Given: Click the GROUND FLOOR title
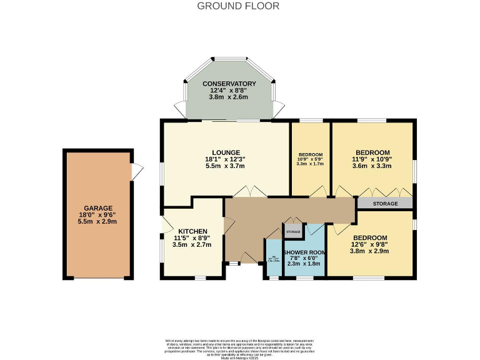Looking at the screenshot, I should point(238,6).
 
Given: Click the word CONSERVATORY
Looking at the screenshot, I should point(229,84).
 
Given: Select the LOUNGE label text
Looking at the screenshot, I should point(226,152).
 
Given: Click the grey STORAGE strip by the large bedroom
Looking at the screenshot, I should point(384,203).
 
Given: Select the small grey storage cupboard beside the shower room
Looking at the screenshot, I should point(293,232).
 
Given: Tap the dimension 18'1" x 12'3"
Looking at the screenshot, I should point(226,159).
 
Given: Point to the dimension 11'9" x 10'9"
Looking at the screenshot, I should point(372,159).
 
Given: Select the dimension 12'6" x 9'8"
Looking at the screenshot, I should point(370,244).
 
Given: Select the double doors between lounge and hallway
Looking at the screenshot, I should point(254,192).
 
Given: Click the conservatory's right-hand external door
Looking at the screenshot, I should point(279,107).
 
